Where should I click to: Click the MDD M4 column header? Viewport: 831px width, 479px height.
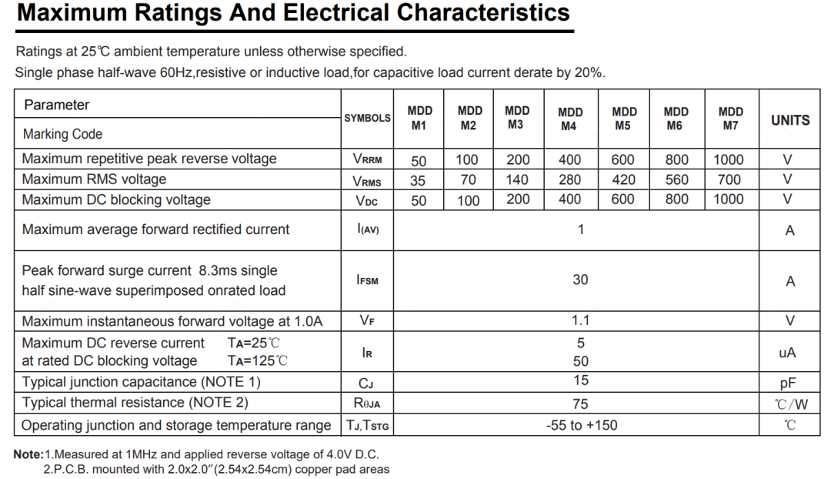(x=570, y=119)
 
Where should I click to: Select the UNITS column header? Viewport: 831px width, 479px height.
(x=790, y=120)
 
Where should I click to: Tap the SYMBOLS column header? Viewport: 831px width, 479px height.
(x=367, y=119)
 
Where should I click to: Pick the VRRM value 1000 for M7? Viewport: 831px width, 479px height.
(x=729, y=159)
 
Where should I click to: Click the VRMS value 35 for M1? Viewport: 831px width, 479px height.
(x=419, y=180)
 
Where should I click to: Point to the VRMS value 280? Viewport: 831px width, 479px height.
(x=570, y=179)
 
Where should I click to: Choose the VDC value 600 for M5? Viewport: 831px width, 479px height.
(x=622, y=199)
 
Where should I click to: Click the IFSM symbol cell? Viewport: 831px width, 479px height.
(x=367, y=280)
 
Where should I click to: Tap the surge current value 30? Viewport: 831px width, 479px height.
(x=580, y=280)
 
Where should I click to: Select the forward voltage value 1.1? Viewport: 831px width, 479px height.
(x=580, y=321)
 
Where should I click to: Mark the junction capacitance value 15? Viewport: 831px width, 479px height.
(x=580, y=380)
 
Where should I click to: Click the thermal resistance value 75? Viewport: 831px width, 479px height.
(x=580, y=404)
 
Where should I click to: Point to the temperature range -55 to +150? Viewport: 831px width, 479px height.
(x=581, y=424)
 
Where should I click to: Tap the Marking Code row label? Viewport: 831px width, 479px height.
(x=62, y=134)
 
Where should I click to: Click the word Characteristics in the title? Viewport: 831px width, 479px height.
(x=483, y=13)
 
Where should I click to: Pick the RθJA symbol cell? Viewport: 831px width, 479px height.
(x=367, y=404)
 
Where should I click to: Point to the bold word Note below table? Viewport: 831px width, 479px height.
(x=27, y=454)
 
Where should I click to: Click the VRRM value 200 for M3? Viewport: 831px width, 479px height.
(x=518, y=159)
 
